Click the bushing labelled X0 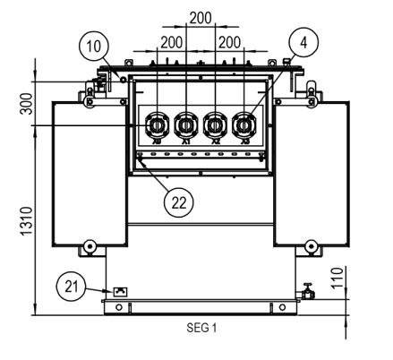[157, 123]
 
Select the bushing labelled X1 [185, 123]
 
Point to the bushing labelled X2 [214, 123]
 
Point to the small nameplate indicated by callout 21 [118, 292]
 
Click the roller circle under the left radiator [89, 247]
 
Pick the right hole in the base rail [283, 308]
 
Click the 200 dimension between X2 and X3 [229, 42]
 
